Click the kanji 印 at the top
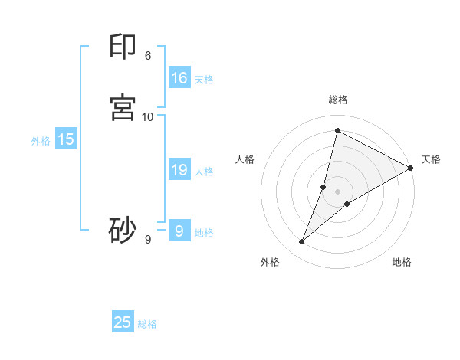(x=123, y=47)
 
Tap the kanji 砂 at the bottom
(x=123, y=230)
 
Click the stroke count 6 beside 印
(x=147, y=56)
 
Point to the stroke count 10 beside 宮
(x=148, y=116)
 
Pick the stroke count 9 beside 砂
(x=147, y=240)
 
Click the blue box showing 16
(x=179, y=78)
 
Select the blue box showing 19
(x=179, y=170)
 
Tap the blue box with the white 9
(x=179, y=231)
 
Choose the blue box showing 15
(x=66, y=139)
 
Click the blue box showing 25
(x=123, y=322)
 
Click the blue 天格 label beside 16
(x=204, y=80)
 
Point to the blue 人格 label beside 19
(x=204, y=172)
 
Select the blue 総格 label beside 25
(x=147, y=324)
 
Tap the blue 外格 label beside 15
(x=41, y=141)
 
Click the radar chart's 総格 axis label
(x=337, y=100)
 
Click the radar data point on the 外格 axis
(x=302, y=242)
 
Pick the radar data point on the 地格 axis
(x=347, y=204)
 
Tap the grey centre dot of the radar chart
(x=337, y=191)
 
